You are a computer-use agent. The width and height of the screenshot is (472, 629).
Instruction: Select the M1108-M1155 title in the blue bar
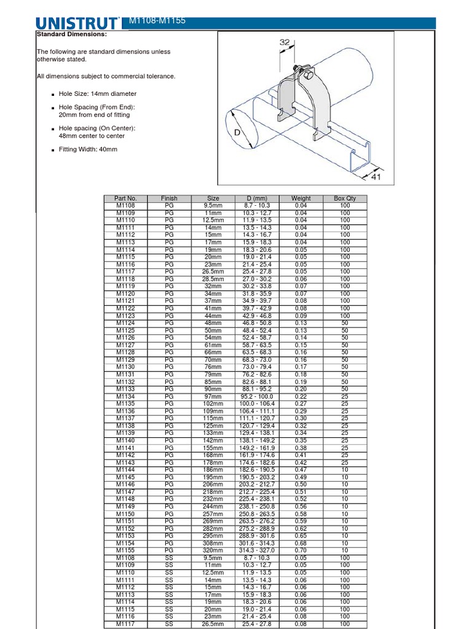pos(157,21)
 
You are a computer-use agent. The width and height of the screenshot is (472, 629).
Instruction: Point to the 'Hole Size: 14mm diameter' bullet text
pos(97,94)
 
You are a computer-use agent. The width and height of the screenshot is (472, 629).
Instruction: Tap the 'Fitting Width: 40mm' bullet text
pos(87,149)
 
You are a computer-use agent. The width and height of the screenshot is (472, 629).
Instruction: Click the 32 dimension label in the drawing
pos(285,42)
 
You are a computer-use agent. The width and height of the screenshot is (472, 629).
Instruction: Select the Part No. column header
pos(125,198)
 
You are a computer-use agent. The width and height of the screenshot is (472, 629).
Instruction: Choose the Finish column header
pos(169,198)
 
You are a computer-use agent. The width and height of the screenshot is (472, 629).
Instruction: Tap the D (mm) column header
pos(257,198)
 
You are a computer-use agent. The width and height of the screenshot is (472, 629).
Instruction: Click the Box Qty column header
pos(345,198)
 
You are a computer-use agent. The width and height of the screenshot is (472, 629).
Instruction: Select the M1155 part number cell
pos(125,551)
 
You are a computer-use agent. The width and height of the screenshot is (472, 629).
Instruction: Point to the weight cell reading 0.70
pos(301,551)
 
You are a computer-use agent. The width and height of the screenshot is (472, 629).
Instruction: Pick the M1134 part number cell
pos(125,397)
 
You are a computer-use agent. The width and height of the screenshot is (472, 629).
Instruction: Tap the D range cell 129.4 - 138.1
pos(257,434)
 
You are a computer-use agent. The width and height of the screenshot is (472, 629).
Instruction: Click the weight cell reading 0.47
pos(301,470)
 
